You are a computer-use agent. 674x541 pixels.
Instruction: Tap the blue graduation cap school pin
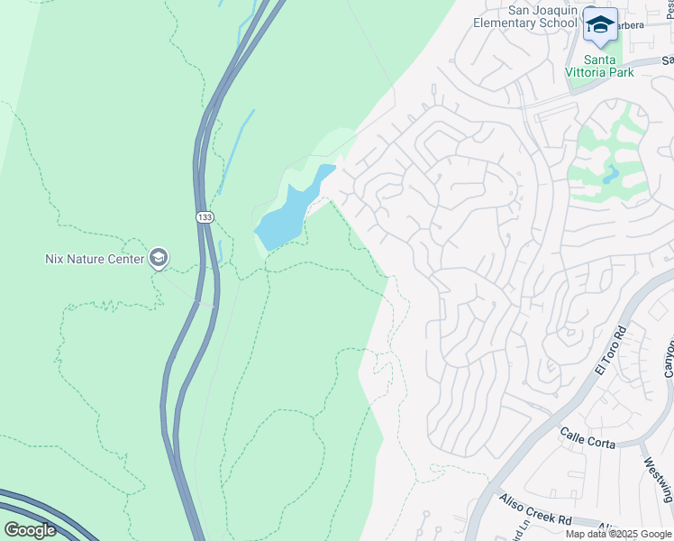pyautogui.click(x=599, y=25)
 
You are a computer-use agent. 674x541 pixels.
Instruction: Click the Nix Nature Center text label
pyautogui.click(x=95, y=259)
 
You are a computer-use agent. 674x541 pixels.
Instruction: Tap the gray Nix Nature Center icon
pyautogui.click(x=159, y=259)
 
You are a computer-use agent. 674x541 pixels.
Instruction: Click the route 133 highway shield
pyautogui.click(x=205, y=217)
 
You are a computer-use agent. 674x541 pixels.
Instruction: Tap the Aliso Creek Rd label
pyautogui.click(x=540, y=520)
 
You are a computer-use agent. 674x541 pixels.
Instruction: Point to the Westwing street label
pyautogui.click(x=658, y=479)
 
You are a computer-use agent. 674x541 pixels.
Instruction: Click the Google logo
pyautogui.click(x=30, y=529)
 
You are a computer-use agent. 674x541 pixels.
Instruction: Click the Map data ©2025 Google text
pyautogui.click(x=619, y=534)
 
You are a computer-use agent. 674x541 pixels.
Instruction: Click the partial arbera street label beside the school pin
pyautogui.click(x=632, y=25)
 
